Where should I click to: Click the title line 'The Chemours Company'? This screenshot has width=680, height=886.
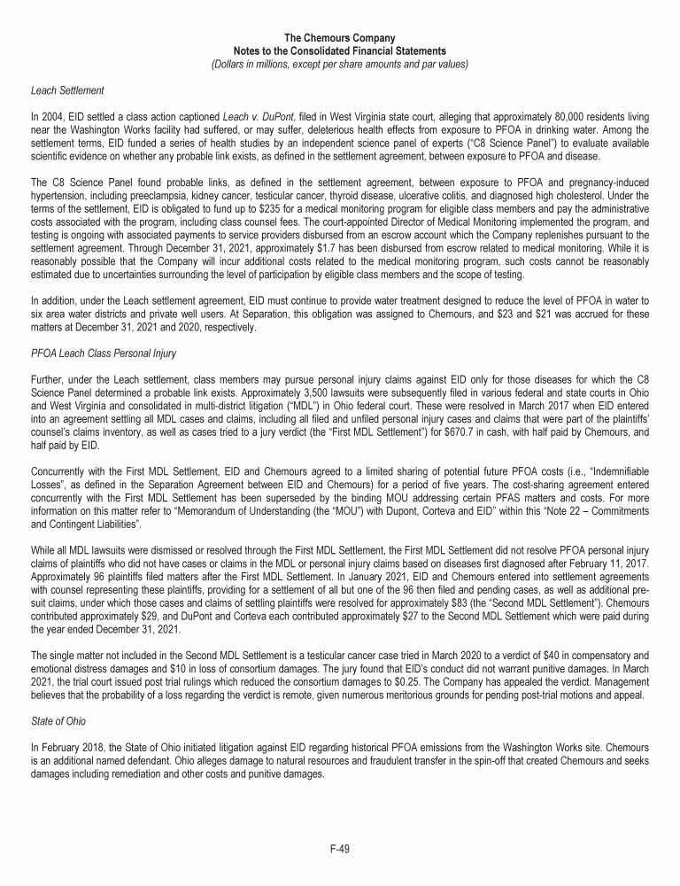[340, 39]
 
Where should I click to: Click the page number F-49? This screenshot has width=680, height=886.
[340, 848]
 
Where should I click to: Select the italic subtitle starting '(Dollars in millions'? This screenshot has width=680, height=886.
[340, 64]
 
